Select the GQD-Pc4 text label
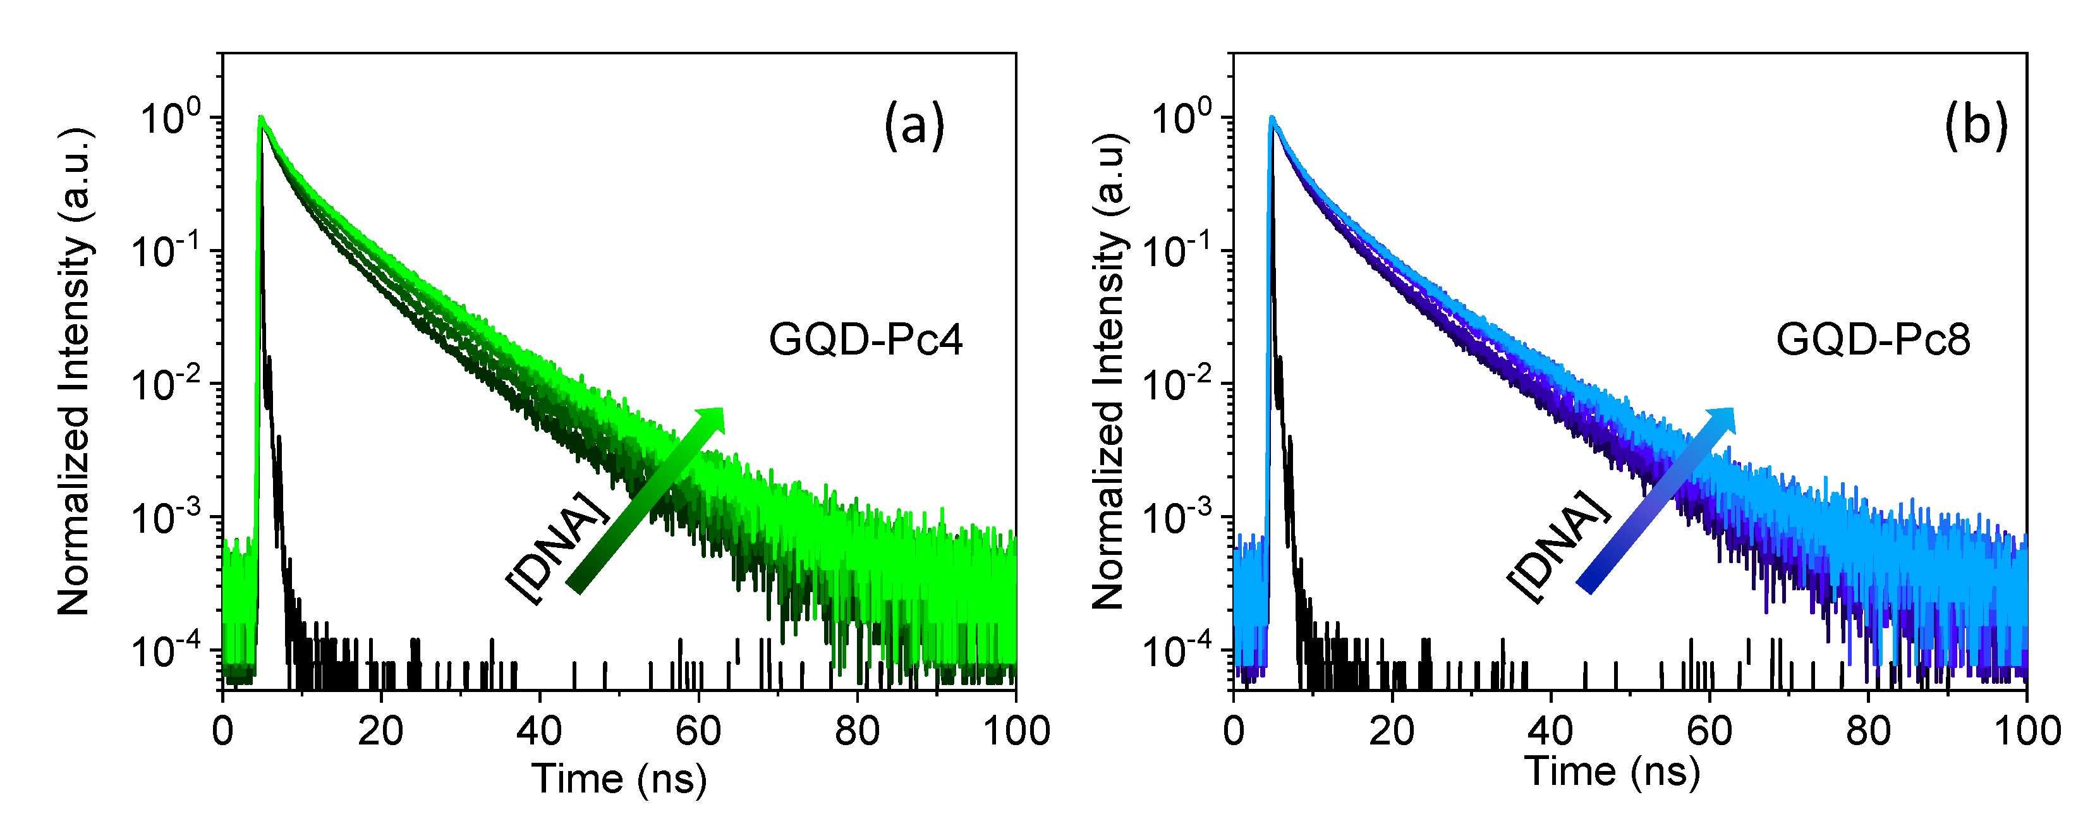coord(865,339)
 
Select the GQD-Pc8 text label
coord(1873,339)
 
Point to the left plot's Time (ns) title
coord(619,779)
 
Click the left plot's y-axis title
coord(75,372)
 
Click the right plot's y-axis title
coord(1108,372)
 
